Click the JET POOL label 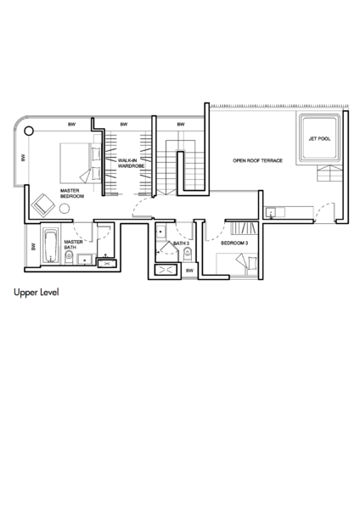pyautogui.click(x=319, y=138)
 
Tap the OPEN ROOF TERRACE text pyautogui.click(x=257, y=160)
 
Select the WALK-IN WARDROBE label pyautogui.click(x=131, y=163)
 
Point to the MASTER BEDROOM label pyautogui.click(x=72, y=193)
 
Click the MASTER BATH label pyautogui.click(x=73, y=245)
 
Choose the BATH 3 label pyautogui.click(x=182, y=243)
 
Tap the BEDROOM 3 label pyautogui.click(x=234, y=243)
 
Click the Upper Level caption pyautogui.click(x=37, y=292)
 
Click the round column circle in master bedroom pyautogui.click(x=29, y=131)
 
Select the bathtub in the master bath pyautogui.click(x=51, y=246)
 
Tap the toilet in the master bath pyautogui.click(x=69, y=257)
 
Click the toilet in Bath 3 pyautogui.click(x=188, y=255)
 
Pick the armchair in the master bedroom pyautogui.click(x=43, y=205)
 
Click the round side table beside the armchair pyautogui.click(x=65, y=209)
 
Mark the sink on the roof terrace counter pyautogui.click(x=271, y=213)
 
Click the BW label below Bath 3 pyautogui.click(x=189, y=271)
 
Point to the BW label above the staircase pyautogui.click(x=181, y=125)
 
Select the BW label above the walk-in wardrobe pyautogui.click(x=124, y=125)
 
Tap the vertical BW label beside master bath pyautogui.click(x=33, y=247)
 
